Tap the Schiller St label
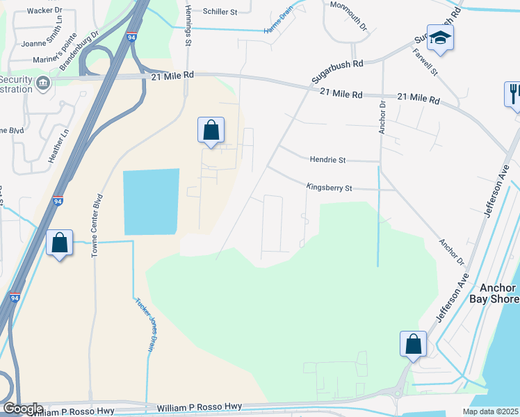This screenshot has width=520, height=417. pyautogui.click(x=221, y=11)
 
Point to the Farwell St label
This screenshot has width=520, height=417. pyautogui.click(x=424, y=61)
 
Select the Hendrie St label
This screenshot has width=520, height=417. pyautogui.click(x=327, y=160)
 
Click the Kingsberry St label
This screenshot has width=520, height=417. pyautogui.click(x=330, y=188)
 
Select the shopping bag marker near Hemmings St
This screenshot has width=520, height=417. pyautogui.click(x=211, y=130)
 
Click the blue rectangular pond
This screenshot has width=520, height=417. pyautogui.click(x=151, y=202)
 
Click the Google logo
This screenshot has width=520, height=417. pyautogui.click(x=22, y=409)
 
